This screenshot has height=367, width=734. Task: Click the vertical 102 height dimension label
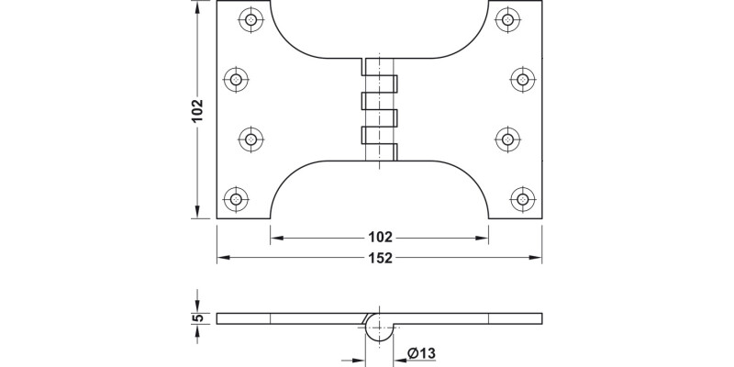tap(195, 110)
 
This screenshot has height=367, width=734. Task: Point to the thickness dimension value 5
tap(196, 318)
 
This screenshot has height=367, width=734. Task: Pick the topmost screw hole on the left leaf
tap(250, 18)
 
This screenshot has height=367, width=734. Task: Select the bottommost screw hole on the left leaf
tap(237, 198)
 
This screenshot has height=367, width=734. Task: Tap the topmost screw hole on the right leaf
tap(508, 18)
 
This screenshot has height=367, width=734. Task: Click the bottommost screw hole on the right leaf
tap(522, 198)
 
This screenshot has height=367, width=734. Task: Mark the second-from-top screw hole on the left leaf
tap(237, 80)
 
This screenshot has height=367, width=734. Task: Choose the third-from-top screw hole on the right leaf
tap(508, 139)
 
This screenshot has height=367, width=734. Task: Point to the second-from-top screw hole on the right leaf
tap(522, 80)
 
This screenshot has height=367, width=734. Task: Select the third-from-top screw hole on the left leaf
tap(250, 139)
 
